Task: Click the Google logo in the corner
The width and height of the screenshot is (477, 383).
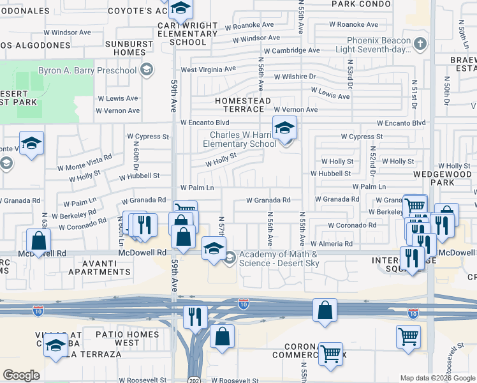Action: tap(22, 375)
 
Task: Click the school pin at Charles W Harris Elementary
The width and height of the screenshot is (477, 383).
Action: tap(284, 128)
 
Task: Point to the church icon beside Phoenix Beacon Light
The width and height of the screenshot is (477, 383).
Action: tap(419, 44)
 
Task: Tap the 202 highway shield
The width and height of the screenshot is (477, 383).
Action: tap(194, 379)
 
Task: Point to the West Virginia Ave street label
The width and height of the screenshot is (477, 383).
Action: tap(208, 69)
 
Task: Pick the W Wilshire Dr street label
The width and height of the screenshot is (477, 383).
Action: tap(295, 76)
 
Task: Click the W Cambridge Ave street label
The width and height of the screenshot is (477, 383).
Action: tap(291, 50)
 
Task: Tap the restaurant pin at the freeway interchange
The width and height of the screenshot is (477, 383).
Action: tap(195, 316)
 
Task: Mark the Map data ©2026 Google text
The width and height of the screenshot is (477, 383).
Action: tap(437, 378)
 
